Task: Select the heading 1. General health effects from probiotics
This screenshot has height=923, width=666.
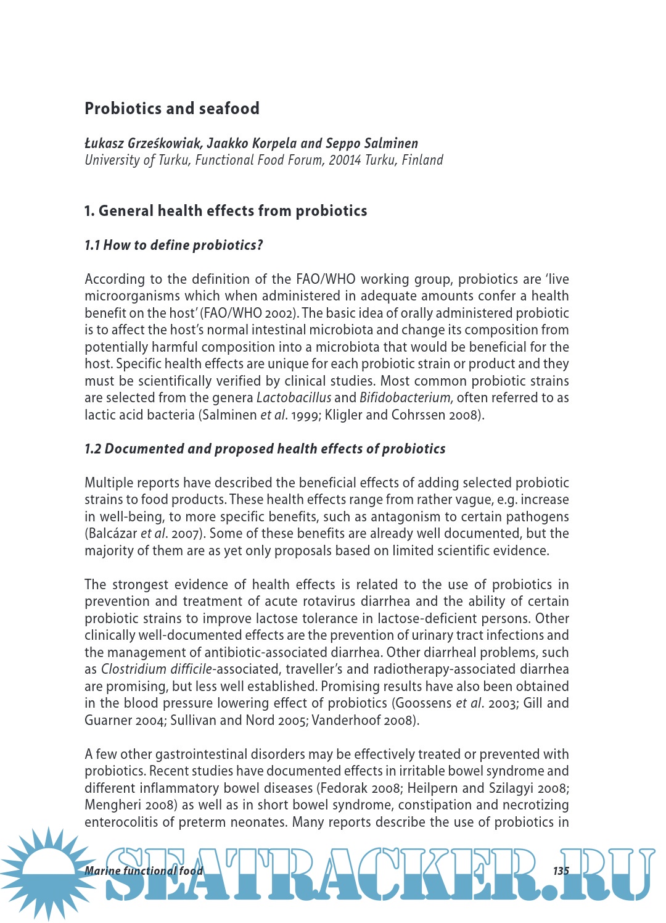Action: tap(226, 211)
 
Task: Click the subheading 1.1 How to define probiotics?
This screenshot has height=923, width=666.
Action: tap(174, 246)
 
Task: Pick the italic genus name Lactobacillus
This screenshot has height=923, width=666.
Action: tap(294, 398)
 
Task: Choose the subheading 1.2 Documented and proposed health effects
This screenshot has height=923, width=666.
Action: tap(265, 449)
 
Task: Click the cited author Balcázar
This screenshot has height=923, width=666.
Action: tap(111, 534)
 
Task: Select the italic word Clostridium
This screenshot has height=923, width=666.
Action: tap(134, 669)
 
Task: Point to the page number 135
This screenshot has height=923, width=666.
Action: tap(561, 871)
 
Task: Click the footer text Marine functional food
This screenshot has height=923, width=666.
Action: tap(144, 871)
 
